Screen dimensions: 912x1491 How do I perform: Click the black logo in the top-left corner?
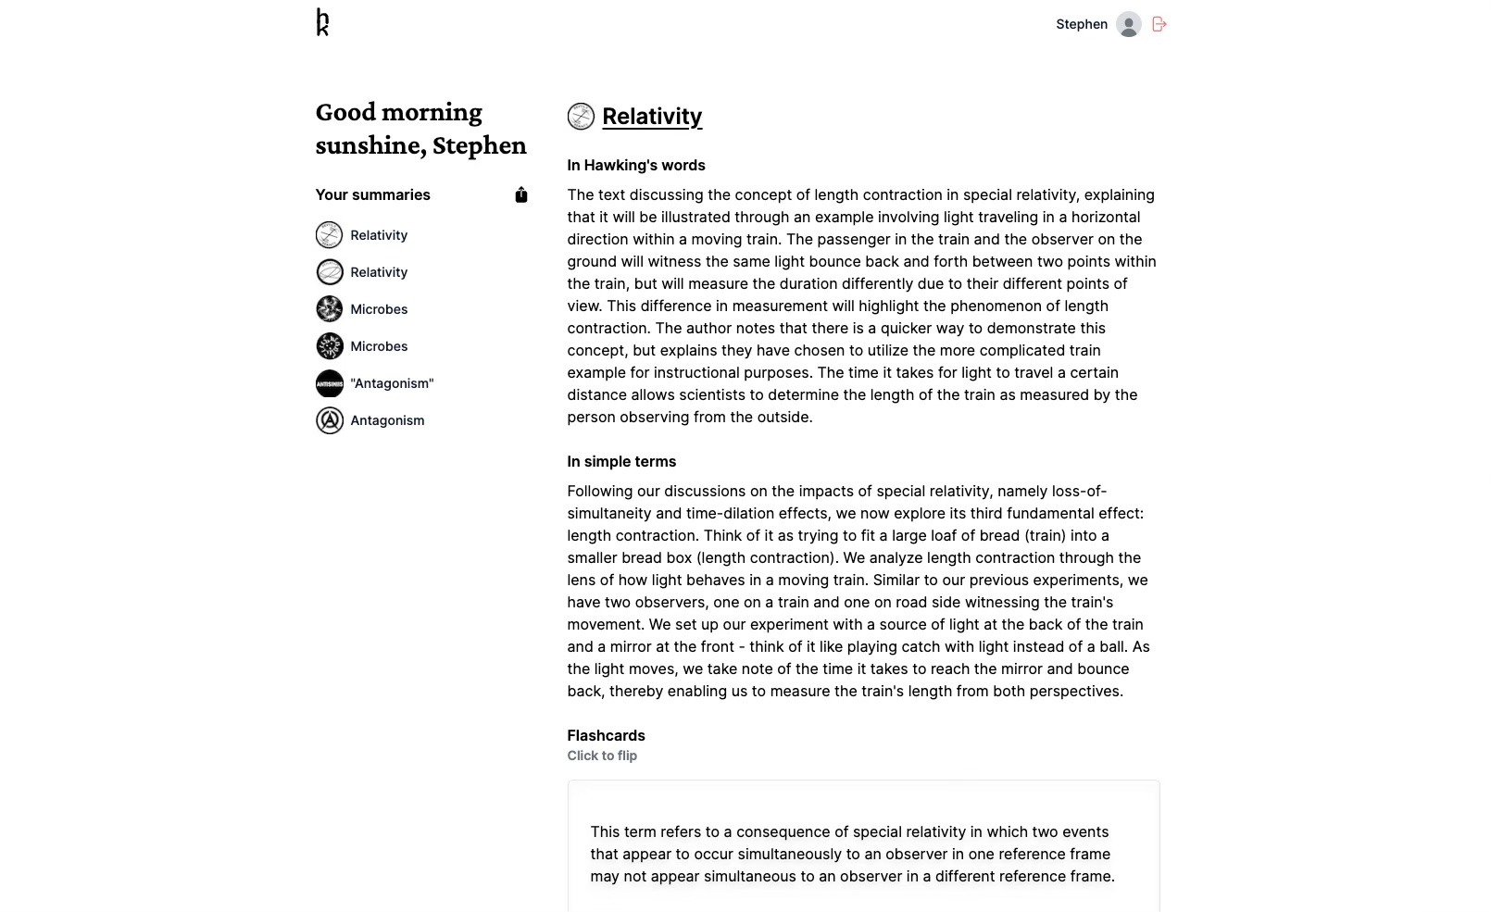point(322,22)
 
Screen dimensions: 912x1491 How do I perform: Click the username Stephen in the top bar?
point(1081,24)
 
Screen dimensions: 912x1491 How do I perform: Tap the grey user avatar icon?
point(1128,24)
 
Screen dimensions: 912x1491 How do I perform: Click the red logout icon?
point(1159,24)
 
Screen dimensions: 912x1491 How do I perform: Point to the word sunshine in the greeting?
point(368,145)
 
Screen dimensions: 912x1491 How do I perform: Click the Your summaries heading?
point(372,194)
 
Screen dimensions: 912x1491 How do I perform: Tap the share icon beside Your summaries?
point(521,194)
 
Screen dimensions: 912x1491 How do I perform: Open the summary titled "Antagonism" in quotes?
point(392,383)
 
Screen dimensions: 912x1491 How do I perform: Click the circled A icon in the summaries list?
point(329,420)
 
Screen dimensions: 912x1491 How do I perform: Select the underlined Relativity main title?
point(652,117)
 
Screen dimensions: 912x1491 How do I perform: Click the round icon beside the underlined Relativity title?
point(581,117)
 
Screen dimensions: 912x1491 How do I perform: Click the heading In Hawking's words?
point(636,165)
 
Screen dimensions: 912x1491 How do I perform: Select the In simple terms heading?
point(621,461)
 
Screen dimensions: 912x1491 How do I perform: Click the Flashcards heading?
point(606,735)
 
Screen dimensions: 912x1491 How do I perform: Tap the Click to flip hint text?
point(602,756)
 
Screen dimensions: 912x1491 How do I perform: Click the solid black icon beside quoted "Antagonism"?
point(329,383)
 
